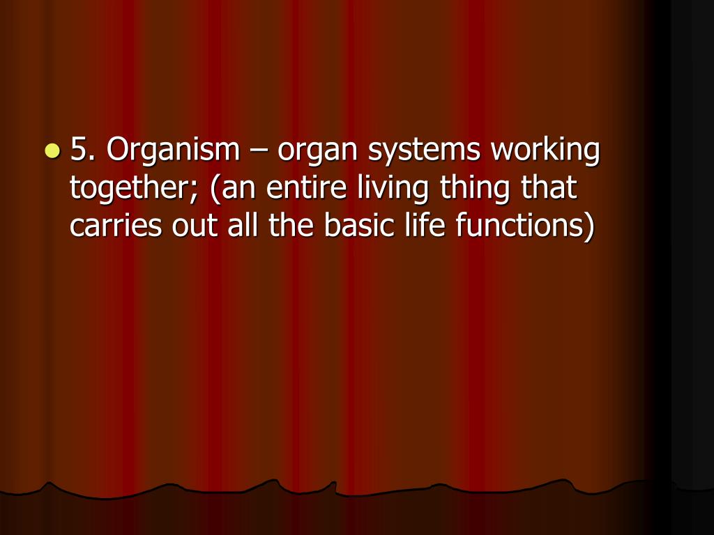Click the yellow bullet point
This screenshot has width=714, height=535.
point(52,150)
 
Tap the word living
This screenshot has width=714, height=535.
point(392,189)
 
